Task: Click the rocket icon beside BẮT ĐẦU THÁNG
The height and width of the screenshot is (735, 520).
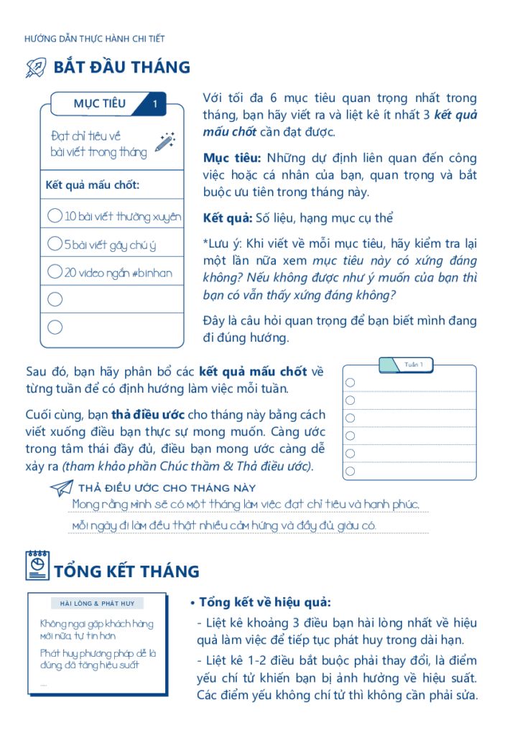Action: click(x=36, y=68)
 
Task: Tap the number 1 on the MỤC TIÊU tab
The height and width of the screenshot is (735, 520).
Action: click(x=155, y=104)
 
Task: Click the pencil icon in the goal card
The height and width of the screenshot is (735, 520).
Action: click(x=166, y=141)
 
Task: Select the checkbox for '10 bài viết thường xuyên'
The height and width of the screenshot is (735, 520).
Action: click(x=54, y=216)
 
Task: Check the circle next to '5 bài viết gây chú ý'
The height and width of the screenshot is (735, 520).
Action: click(x=54, y=244)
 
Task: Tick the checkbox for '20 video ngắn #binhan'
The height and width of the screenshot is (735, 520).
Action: click(x=54, y=272)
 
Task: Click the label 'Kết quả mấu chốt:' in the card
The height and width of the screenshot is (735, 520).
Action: click(x=92, y=185)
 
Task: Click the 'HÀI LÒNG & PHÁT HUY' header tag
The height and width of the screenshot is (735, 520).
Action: click(x=98, y=604)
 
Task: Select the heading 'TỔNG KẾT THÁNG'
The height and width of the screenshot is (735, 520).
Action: click(x=126, y=571)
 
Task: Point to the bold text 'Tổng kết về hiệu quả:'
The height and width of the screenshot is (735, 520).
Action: click(x=265, y=602)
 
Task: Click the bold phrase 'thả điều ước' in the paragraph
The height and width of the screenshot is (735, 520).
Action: click(x=149, y=415)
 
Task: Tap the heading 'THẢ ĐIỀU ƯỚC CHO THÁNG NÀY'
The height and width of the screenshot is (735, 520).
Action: click(x=167, y=488)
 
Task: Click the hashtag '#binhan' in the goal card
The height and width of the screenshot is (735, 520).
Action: click(x=152, y=273)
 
